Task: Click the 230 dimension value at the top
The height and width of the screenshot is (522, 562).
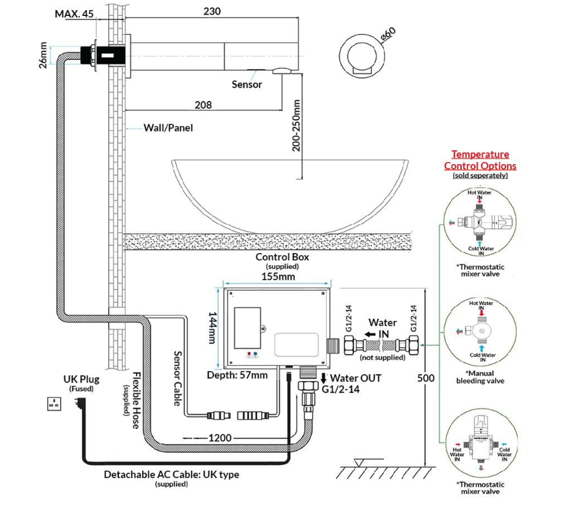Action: [212, 11]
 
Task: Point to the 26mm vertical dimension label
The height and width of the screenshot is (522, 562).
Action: [43, 55]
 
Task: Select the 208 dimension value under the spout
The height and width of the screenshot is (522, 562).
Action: [203, 105]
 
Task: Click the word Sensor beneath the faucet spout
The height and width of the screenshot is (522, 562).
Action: [246, 84]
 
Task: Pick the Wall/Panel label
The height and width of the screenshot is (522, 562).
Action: [168, 128]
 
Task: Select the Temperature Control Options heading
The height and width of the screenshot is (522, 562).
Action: [480, 160]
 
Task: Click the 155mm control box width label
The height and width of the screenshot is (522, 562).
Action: [279, 276]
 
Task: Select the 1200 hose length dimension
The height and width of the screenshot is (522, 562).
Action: [220, 438]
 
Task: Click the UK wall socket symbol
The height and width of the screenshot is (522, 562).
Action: [56, 403]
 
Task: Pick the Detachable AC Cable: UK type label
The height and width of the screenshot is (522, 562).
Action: [171, 474]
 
